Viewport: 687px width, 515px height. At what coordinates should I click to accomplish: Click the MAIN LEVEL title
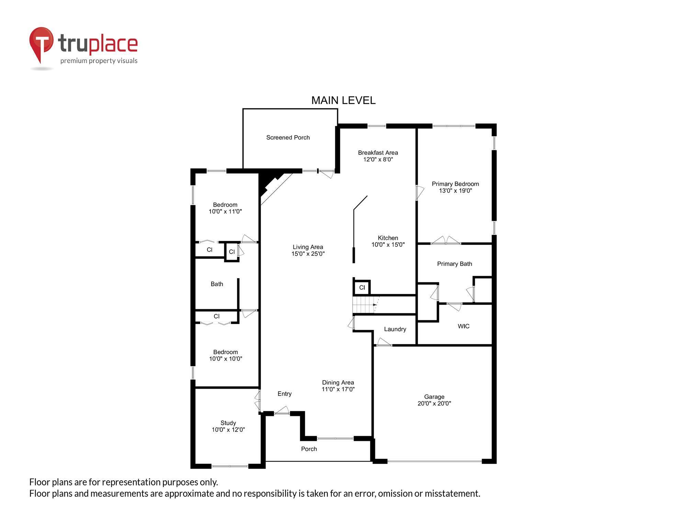[343, 100]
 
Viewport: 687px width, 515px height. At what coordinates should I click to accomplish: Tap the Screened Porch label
[288, 137]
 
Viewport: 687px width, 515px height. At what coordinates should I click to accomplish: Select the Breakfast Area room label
[378, 152]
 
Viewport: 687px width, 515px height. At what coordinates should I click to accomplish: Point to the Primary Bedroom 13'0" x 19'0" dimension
[455, 191]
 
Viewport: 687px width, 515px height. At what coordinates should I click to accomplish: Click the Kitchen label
[388, 238]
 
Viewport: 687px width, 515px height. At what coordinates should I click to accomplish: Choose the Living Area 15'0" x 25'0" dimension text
[308, 254]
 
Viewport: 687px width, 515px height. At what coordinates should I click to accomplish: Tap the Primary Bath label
[454, 264]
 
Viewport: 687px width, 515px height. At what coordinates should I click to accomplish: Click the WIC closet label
[463, 326]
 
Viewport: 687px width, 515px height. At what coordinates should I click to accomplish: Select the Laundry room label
[395, 329]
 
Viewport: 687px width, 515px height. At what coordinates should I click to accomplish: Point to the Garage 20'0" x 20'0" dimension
[434, 403]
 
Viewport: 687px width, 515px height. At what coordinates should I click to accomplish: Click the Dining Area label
[338, 382]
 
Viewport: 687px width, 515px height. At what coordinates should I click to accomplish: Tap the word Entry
[284, 394]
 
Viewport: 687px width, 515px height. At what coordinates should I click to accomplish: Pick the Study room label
[228, 423]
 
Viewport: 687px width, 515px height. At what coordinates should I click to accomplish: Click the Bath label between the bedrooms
[217, 284]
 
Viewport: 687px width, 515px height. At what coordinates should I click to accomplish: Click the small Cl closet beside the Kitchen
[362, 287]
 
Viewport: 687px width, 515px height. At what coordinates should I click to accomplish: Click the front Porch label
[309, 449]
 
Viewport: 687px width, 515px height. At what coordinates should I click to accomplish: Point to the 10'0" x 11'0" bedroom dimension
[225, 211]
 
